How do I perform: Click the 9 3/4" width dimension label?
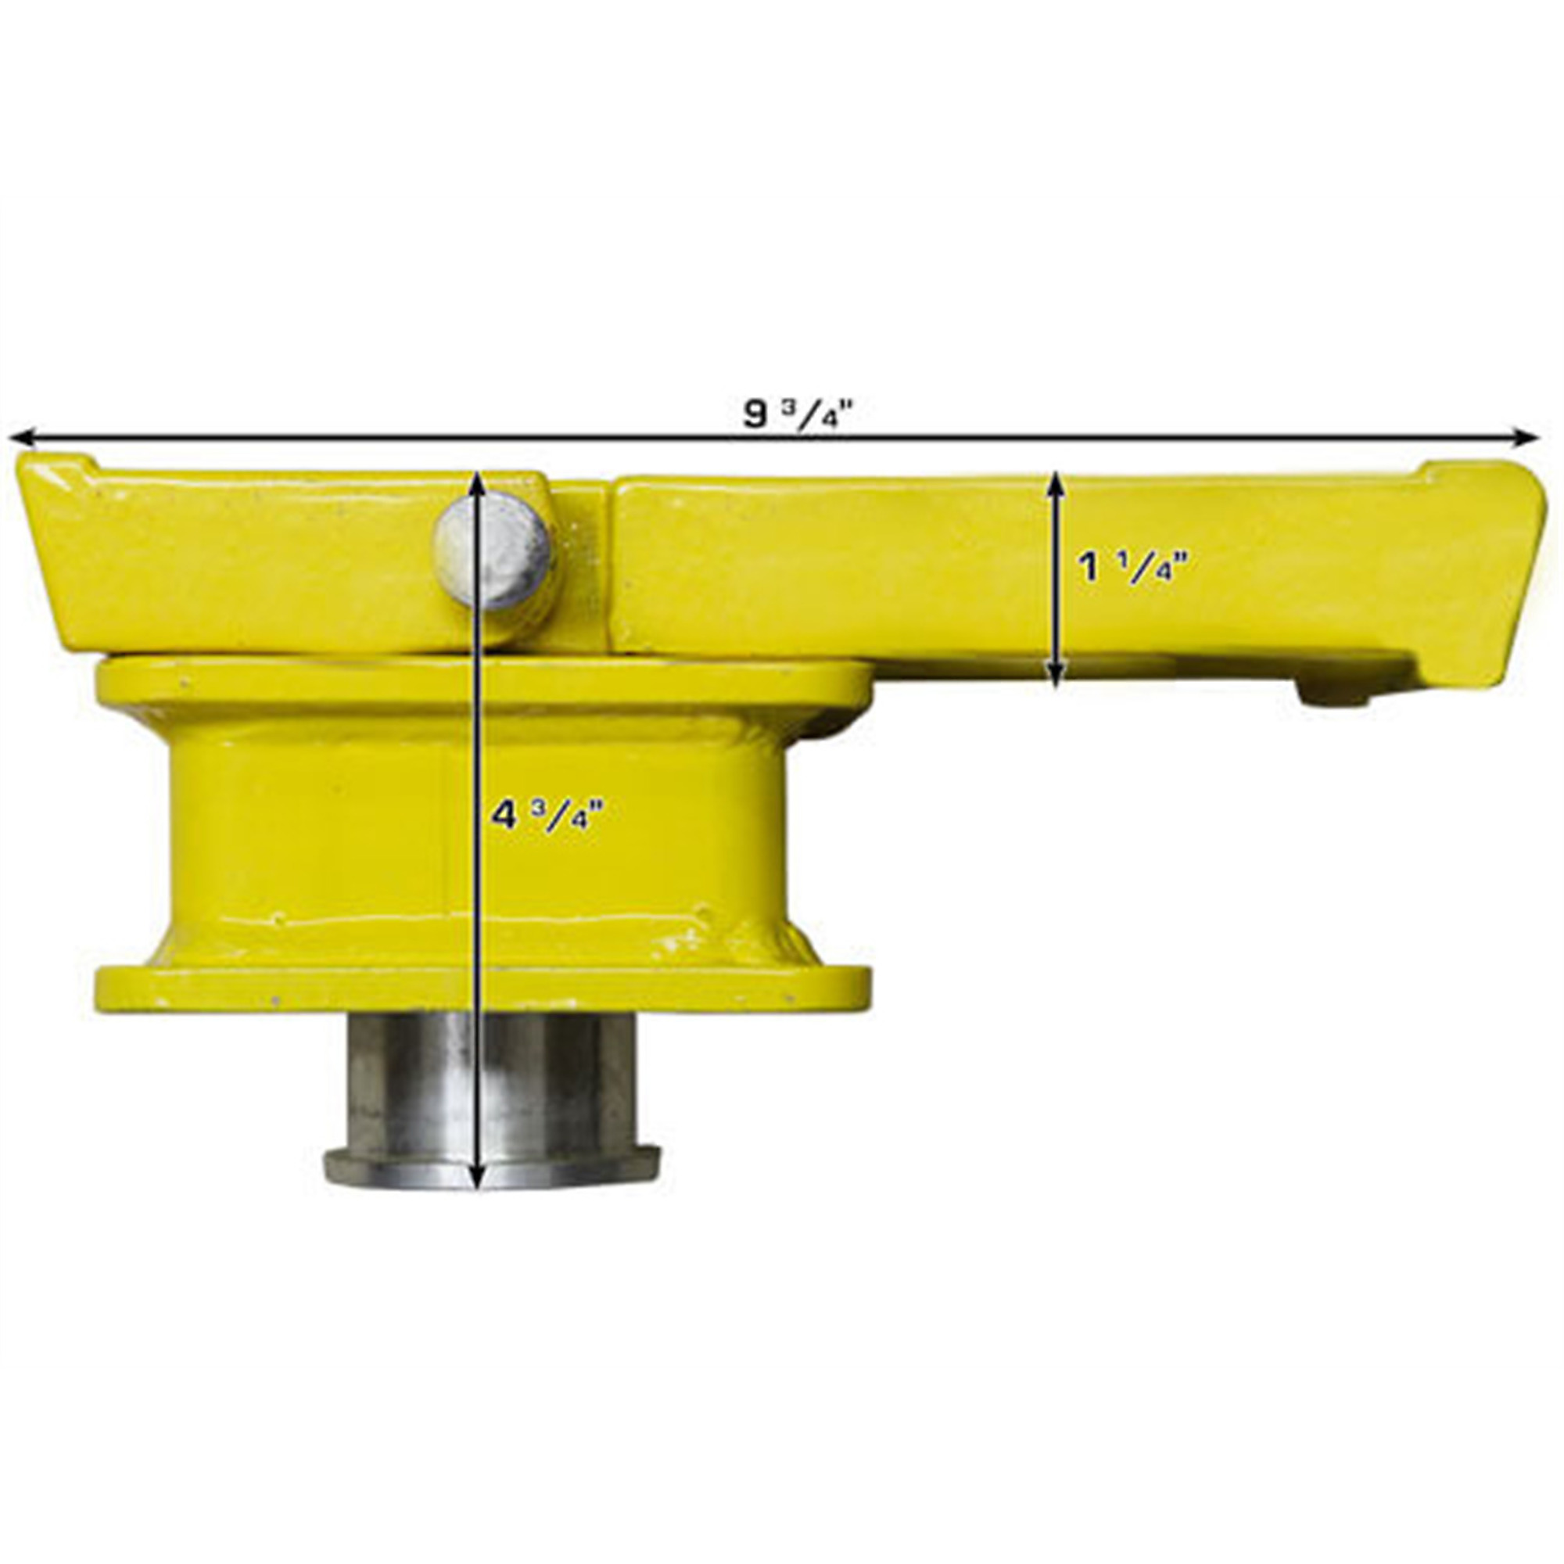[798, 415]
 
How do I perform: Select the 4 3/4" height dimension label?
[549, 814]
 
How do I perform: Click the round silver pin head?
[493, 551]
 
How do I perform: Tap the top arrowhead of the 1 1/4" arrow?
[1056, 483]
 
